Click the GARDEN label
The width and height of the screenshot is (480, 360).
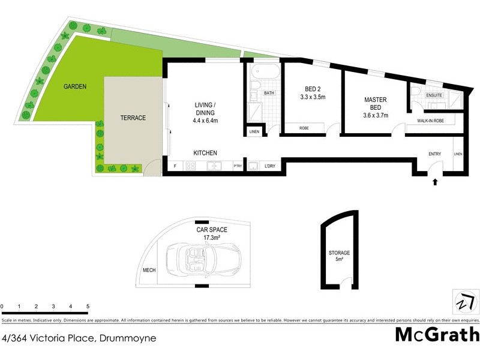(76, 86)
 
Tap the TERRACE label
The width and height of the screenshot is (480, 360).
(133, 118)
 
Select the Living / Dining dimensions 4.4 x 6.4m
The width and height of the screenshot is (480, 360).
(206, 121)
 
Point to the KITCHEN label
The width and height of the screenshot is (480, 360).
(205, 153)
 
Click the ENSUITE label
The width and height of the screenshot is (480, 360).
(434, 95)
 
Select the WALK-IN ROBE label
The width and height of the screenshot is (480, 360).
(431, 121)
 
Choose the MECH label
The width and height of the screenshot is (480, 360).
(149, 271)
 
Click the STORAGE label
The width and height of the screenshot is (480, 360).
(339, 253)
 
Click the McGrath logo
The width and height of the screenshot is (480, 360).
(437, 334)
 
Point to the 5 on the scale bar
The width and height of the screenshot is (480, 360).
(88, 307)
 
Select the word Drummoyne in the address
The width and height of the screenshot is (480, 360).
(127, 338)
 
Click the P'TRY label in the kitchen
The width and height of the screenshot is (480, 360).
(237, 166)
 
